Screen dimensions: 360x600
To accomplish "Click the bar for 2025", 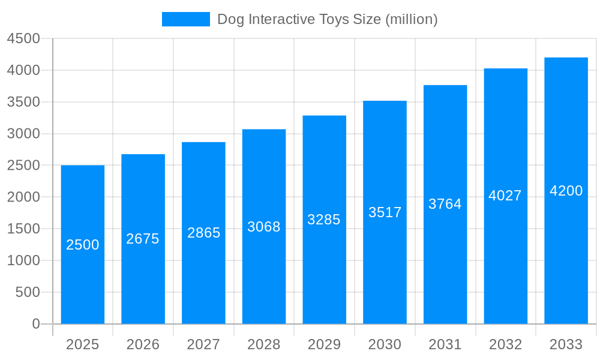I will click(83, 270).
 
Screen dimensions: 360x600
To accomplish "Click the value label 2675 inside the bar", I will click(143, 239).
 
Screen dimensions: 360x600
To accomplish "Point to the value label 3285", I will click(324, 220).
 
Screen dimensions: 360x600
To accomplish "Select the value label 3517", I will click(385, 212).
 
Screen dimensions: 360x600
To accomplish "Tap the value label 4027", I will click(505, 196).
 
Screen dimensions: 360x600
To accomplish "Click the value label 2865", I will click(203, 233).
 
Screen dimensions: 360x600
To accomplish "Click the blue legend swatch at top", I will click(186, 19).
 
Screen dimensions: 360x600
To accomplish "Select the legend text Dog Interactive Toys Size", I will click(327, 19).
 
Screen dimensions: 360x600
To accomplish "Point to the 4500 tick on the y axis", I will click(23, 38).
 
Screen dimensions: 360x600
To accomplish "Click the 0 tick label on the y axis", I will click(36, 324).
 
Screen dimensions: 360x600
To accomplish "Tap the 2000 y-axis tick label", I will click(23, 197).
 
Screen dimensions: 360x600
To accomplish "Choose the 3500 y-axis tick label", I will click(23, 102).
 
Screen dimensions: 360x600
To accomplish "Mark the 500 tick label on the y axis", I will click(28, 292).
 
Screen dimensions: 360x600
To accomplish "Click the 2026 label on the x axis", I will click(143, 344).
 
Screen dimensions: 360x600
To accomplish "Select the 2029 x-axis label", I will click(324, 344).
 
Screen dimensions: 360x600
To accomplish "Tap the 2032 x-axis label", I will click(505, 344).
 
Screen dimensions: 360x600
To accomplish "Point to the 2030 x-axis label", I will click(385, 344).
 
